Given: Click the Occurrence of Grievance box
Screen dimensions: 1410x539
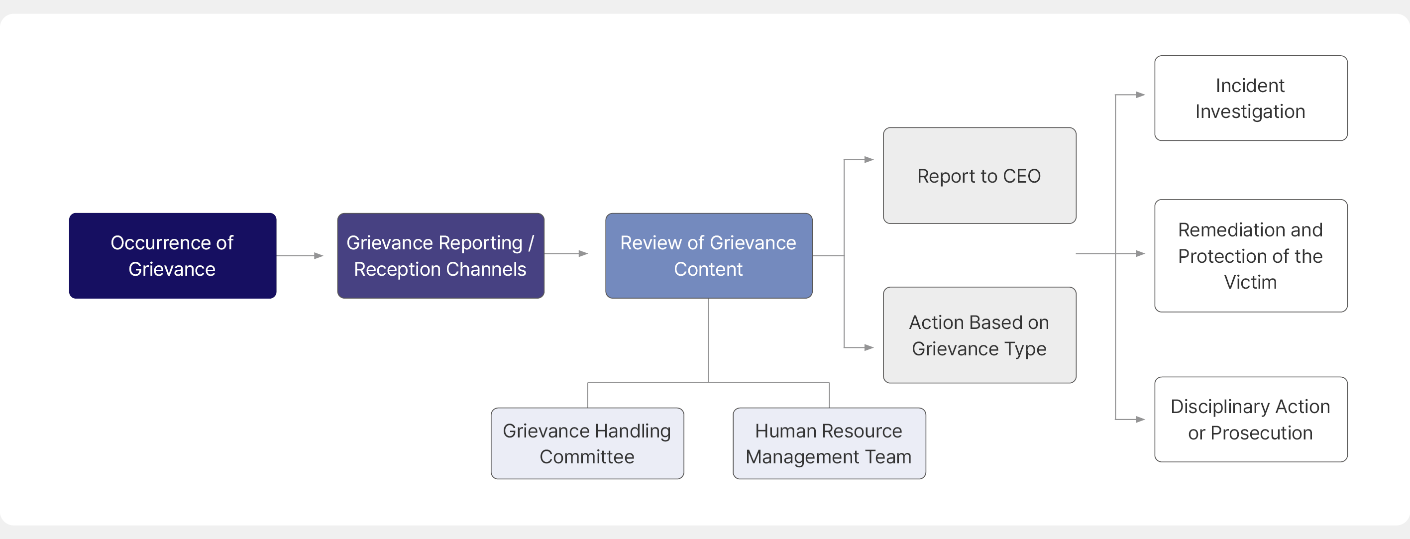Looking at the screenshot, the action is pos(172,255).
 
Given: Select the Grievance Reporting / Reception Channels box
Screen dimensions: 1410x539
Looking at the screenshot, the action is pos(440,255).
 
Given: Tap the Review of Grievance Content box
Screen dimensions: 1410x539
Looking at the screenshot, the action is pos(709,255).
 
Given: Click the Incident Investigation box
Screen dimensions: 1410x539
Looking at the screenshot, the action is pos(1251,98).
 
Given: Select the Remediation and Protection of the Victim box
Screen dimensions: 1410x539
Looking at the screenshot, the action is pos(1251,255).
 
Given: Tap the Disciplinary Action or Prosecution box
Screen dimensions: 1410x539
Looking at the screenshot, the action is pos(1251,419).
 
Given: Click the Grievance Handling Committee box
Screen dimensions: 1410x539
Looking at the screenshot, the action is pos(587,443).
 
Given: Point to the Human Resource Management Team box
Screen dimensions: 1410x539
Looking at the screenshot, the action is pos(829,443).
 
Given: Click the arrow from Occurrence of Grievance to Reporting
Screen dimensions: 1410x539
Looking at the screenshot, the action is pos(300,255).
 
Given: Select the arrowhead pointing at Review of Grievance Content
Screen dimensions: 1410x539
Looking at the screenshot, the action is pos(583,253).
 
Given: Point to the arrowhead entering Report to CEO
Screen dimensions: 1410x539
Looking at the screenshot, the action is pos(869,159).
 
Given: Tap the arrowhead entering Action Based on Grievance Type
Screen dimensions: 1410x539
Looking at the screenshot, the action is pos(869,347).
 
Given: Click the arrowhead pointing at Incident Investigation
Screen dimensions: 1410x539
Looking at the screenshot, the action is pos(1141,95).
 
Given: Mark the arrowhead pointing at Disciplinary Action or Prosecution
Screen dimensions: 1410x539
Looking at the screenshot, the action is pos(1141,420).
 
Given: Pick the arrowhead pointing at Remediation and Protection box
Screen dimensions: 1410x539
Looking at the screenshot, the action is pos(1141,253).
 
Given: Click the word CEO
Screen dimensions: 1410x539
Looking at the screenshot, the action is pos(1022,176).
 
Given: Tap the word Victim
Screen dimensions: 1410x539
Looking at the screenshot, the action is pos(1251,282).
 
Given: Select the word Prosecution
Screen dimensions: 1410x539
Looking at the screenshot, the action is pos(1262,433).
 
